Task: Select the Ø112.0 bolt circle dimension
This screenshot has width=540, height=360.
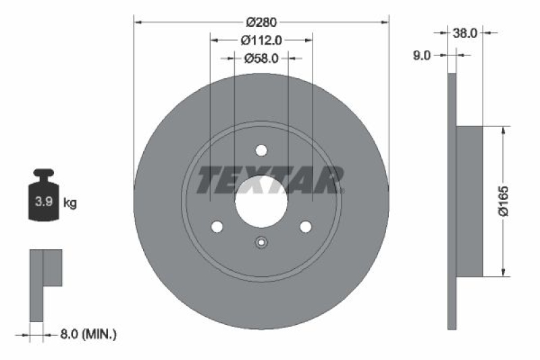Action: point(261,41)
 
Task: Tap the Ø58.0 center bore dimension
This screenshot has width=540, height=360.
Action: point(261,59)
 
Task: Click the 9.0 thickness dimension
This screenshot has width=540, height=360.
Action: point(421,56)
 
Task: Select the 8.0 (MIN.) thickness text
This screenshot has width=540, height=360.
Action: point(88,334)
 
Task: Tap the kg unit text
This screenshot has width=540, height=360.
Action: point(70,202)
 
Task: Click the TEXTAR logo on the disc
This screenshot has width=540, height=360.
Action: point(270,180)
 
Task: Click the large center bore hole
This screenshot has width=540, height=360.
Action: point(261,201)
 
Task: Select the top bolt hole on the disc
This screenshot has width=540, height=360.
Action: point(261,151)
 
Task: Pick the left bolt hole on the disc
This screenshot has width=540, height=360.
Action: point(217,227)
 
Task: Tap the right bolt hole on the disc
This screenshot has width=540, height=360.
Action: point(305,227)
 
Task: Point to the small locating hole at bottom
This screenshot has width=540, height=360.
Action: point(261,243)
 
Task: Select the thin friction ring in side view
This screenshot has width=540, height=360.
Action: point(452,201)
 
